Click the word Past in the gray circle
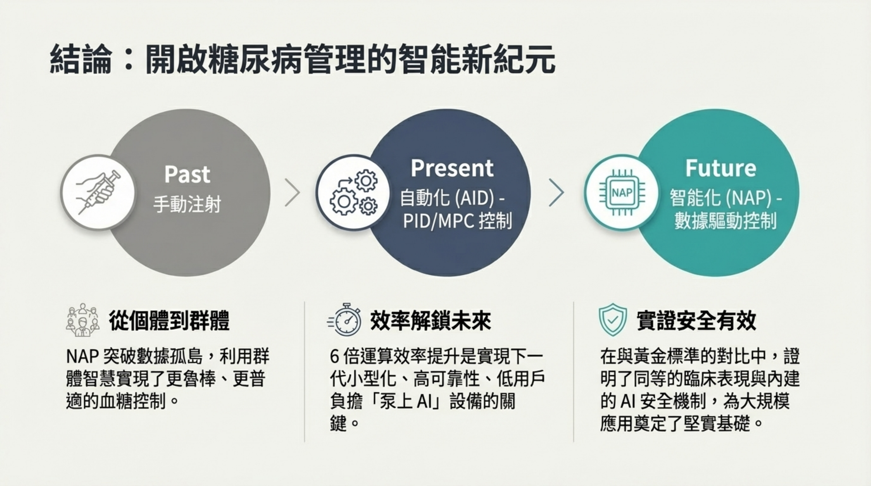pyautogui.click(x=187, y=174)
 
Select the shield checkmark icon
pyautogui.click(x=612, y=320)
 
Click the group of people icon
pyautogui.click(x=82, y=320)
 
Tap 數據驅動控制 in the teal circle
pyautogui.click(x=725, y=221)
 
